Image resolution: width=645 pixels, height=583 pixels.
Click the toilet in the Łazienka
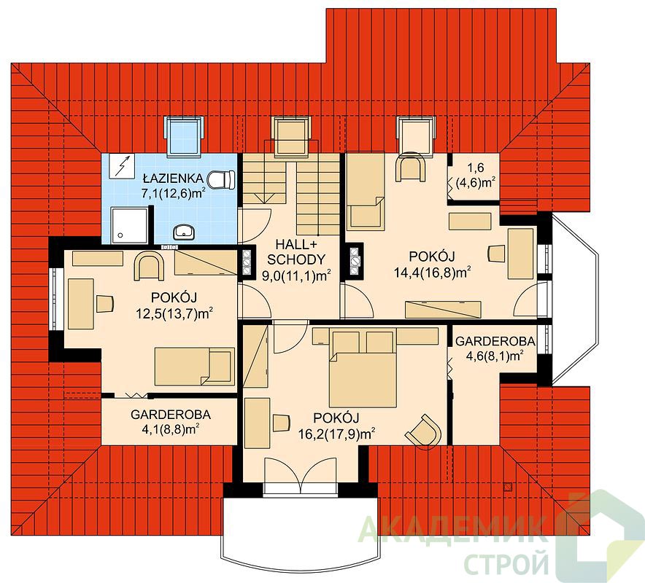tap(221, 179)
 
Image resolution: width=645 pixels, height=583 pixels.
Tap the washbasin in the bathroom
tap(184, 232)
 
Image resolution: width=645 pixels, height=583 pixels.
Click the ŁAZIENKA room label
tap(173, 179)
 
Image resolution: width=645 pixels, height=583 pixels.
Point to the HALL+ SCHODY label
tap(296, 252)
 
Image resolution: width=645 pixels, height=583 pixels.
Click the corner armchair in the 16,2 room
tap(424, 430)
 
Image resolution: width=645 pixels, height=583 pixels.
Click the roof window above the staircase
tap(292, 136)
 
